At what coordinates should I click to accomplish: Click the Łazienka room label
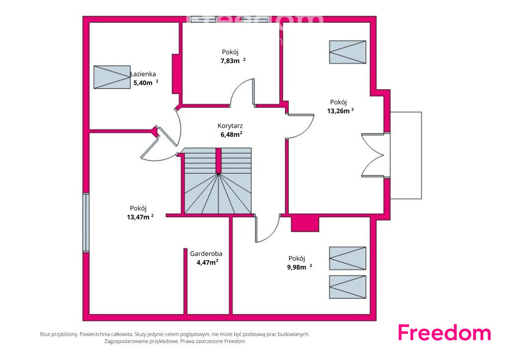pyautogui.click(x=143, y=74)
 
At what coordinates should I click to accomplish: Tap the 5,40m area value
pyautogui.click(x=143, y=83)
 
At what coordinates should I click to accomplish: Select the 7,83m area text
pyautogui.click(x=230, y=61)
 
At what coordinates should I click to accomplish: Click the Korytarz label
pyautogui.click(x=230, y=126)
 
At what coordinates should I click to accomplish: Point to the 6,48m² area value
pyautogui.click(x=232, y=134)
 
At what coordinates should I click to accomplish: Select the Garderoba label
pyautogui.click(x=206, y=254)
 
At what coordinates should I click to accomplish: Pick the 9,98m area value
pyautogui.click(x=296, y=268)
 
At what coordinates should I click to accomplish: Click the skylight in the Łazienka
pyautogui.click(x=112, y=77)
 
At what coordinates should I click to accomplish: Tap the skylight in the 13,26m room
pyautogui.click(x=347, y=52)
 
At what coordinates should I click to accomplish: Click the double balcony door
pyautogui.click(x=373, y=155)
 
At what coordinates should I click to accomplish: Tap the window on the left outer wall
pyautogui.click(x=85, y=222)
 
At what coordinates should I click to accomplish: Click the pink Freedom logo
pyautogui.click(x=444, y=333)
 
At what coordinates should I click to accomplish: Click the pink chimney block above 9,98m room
pyautogui.click(x=305, y=224)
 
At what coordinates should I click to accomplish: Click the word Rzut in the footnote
pyautogui.click(x=45, y=334)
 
